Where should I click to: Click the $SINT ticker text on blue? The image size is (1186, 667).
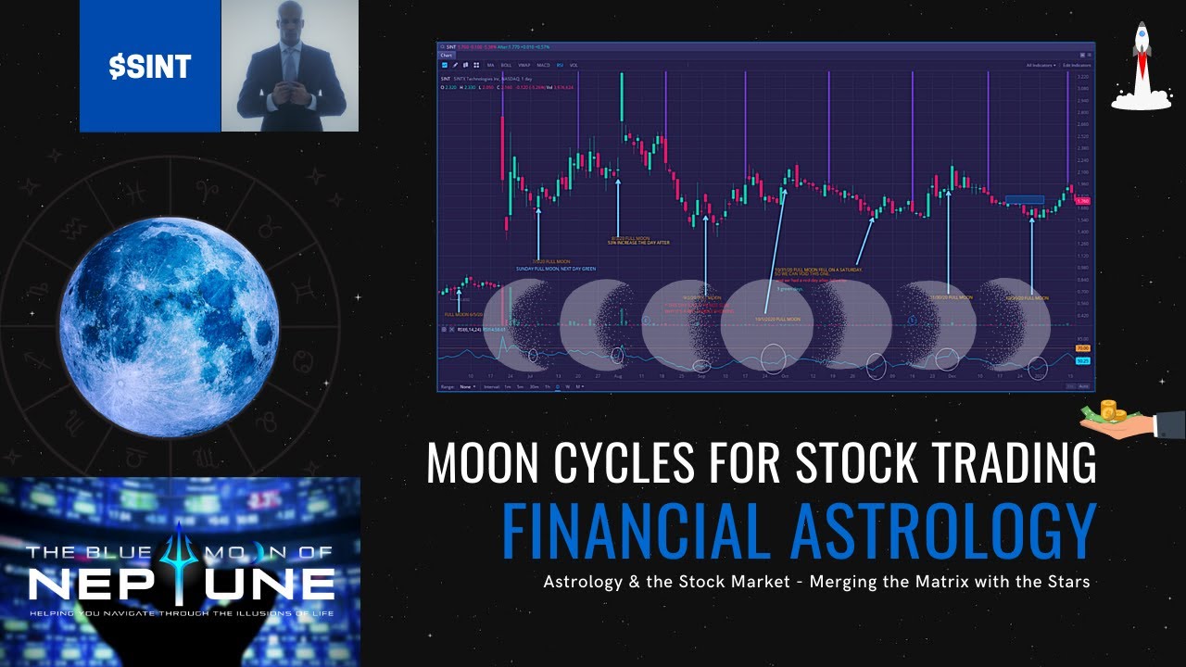coord(149,66)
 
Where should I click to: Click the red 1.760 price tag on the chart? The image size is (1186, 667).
coord(1082,200)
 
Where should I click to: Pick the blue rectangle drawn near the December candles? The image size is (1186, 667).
coord(1024,199)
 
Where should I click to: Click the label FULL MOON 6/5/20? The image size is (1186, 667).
coord(464,315)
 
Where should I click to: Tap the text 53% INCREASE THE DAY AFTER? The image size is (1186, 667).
coord(637,243)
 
